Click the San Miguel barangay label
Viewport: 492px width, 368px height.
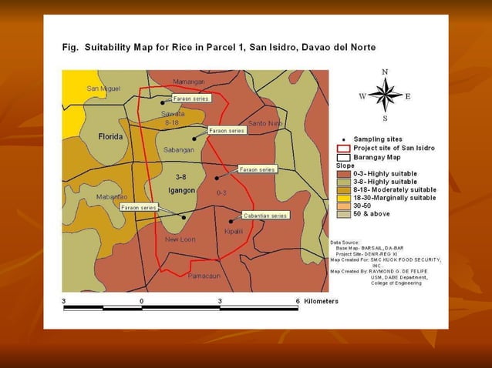tap(103, 89)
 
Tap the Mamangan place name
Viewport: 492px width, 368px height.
tap(188, 82)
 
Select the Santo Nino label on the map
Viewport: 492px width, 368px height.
tap(265, 123)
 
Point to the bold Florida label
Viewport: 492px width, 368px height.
tap(111, 136)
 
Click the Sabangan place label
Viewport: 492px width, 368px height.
tap(180, 149)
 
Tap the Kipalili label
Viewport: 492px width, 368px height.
tap(234, 231)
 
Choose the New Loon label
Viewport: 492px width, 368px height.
tap(180, 239)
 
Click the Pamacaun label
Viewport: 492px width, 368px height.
tap(204, 276)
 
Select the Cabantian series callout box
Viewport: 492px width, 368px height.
tap(265, 216)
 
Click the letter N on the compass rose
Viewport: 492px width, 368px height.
tap(385, 72)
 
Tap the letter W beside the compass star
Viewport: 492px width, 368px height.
tap(362, 96)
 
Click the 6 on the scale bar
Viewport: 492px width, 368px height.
tap(297, 300)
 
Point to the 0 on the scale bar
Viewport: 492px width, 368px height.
tap(142, 300)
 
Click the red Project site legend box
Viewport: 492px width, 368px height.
tap(343, 148)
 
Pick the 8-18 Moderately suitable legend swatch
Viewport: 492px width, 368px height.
tap(343, 189)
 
